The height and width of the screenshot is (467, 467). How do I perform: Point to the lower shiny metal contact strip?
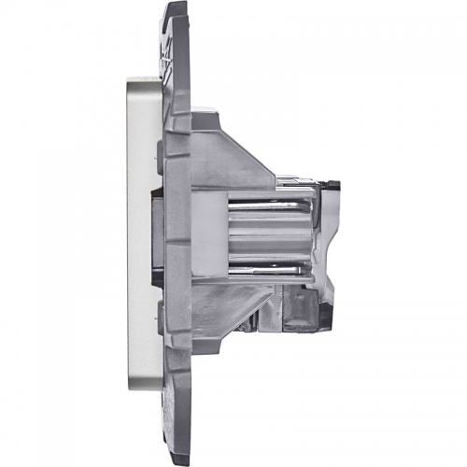(x=266, y=252)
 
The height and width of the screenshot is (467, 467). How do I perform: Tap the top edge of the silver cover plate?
(x=140, y=78)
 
